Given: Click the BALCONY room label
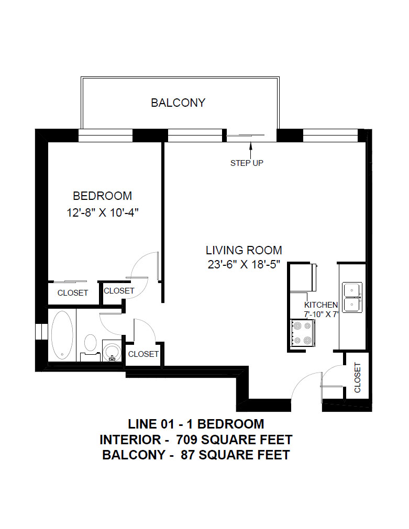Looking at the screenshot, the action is point(178,103).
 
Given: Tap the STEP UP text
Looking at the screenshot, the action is point(247,163).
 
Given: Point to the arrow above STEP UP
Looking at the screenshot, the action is point(251,151).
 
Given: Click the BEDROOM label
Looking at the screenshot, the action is point(102,196).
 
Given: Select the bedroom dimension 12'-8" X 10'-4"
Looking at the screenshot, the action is point(103,212).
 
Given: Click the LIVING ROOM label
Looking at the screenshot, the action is point(244,250).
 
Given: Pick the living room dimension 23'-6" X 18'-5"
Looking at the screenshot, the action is point(244,264).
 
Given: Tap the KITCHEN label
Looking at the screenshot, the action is point(321,305).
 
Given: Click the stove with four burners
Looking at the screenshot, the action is point(302,333).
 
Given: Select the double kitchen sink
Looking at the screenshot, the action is point(352,297).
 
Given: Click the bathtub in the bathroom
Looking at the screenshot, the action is point(62,335).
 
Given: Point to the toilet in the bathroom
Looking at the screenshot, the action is point(90,347).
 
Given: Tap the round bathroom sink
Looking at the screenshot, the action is point(112,351).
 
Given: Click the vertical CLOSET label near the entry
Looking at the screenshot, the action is point(357,377).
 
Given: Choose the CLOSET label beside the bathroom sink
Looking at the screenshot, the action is point(143,354).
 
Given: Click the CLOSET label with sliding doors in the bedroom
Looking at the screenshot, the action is point(73,293).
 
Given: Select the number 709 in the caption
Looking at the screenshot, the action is point(187,440).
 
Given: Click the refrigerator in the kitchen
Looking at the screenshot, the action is point(303,277).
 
